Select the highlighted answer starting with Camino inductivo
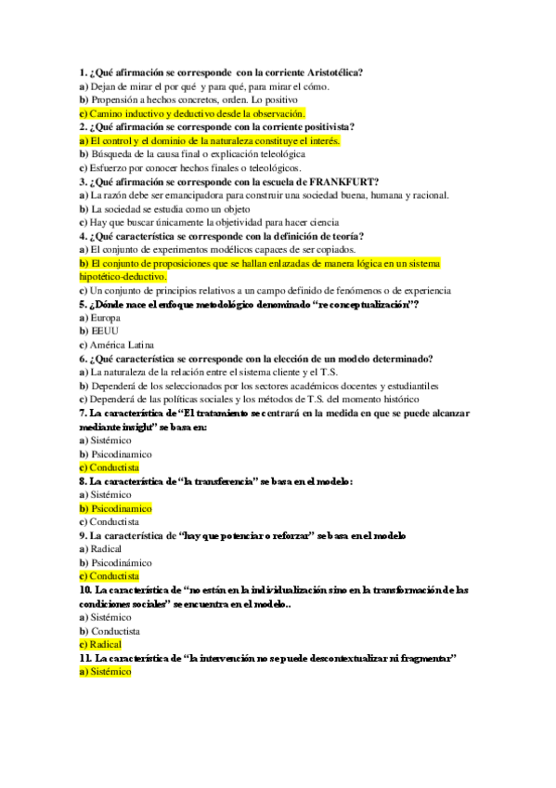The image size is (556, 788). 191,112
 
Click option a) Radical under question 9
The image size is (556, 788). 100,549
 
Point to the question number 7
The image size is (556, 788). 83,413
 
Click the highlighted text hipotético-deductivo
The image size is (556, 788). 123,277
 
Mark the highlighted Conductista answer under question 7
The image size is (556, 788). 109,467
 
